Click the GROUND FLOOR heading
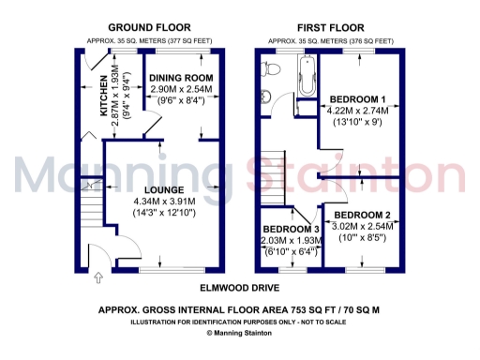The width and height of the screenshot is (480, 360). point(144,29)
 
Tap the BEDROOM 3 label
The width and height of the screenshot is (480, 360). point(291,229)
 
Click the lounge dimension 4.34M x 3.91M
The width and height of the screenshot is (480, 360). point(165,201)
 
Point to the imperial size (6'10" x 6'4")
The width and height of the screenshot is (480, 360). point(291,251)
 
